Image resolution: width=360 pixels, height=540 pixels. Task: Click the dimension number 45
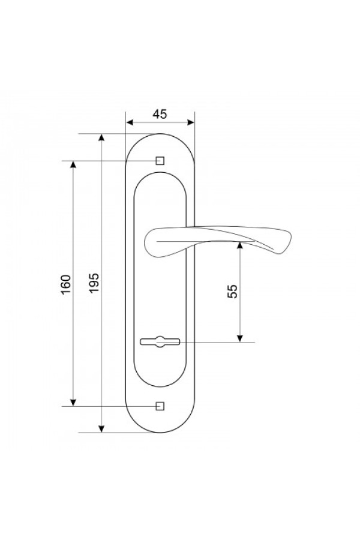point(160,114)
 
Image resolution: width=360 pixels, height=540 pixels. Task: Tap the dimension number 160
point(66,284)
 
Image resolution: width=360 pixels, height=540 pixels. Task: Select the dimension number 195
point(94,283)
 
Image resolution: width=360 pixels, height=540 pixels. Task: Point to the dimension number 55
point(233,292)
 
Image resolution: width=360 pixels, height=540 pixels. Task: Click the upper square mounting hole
point(160,161)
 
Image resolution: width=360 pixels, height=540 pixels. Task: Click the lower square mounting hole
point(160,406)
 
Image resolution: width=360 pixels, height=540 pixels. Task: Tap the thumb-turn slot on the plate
point(160,342)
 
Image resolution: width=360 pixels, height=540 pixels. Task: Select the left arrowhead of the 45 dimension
point(130,122)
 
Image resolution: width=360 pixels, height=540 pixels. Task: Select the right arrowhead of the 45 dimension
point(191,122)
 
